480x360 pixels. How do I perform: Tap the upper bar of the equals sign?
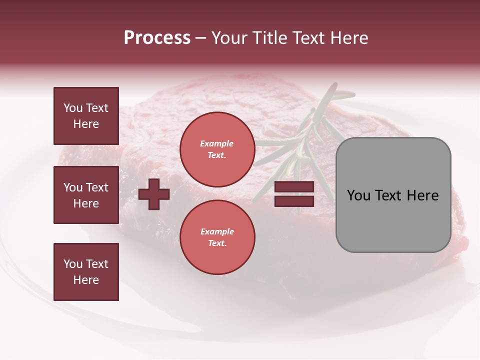pyautogui.click(x=294, y=187)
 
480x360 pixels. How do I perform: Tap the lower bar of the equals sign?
pyautogui.click(x=294, y=201)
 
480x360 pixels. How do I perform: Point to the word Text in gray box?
pyautogui.click(x=389, y=195)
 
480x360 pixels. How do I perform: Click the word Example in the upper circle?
pyautogui.click(x=217, y=143)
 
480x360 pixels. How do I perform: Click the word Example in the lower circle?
pyautogui.click(x=217, y=231)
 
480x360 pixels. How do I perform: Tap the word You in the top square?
pyautogui.click(x=73, y=108)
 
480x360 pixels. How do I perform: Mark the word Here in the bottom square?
pyautogui.click(x=86, y=280)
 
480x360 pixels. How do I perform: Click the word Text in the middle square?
pyautogui.click(x=96, y=187)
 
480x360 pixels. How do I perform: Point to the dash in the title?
pyautogui.click(x=201, y=38)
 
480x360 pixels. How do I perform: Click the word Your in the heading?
pyautogui.click(x=229, y=38)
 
